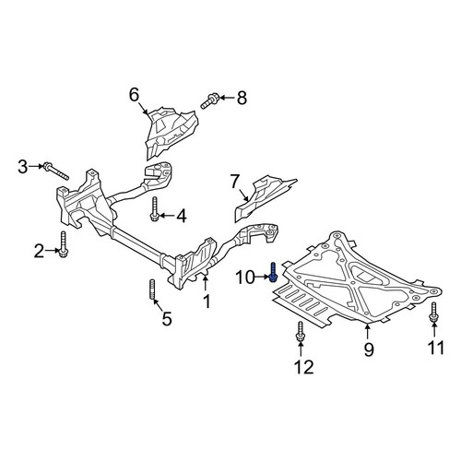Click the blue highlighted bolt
pyautogui.click(x=273, y=272)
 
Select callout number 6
pyautogui.click(x=135, y=95)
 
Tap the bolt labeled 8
pyautogui.click(x=210, y=101)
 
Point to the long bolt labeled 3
pyautogui.click(x=56, y=171)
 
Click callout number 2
pyautogui.click(x=39, y=251)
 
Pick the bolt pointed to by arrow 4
pyautogui.click(x=155, y=209)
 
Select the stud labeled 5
pyautogui.click(x=153, y=290)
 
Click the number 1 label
pyautogui.click(x=207, y=301)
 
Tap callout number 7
pyautogui.click(x=234, y=182)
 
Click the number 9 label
pyautogui.click(x=369, y=349)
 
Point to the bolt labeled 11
pyautogui.click(x=433, y=313)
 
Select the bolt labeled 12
pyautogui.click(x=301, y=331)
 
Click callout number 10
pyautogui.click(x=245, y=278)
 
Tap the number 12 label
pyautogui.click(x=304, y=367)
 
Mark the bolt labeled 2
pyautogui.click(x=64, y=244)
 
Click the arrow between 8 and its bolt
pyautogui.click(x=227, y=98)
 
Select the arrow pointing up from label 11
pyautogui.click(x=434, y=330)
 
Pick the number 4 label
pyautogui.click(x=181, y=216)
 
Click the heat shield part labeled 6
pyautogui.click(x=170, y=132)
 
